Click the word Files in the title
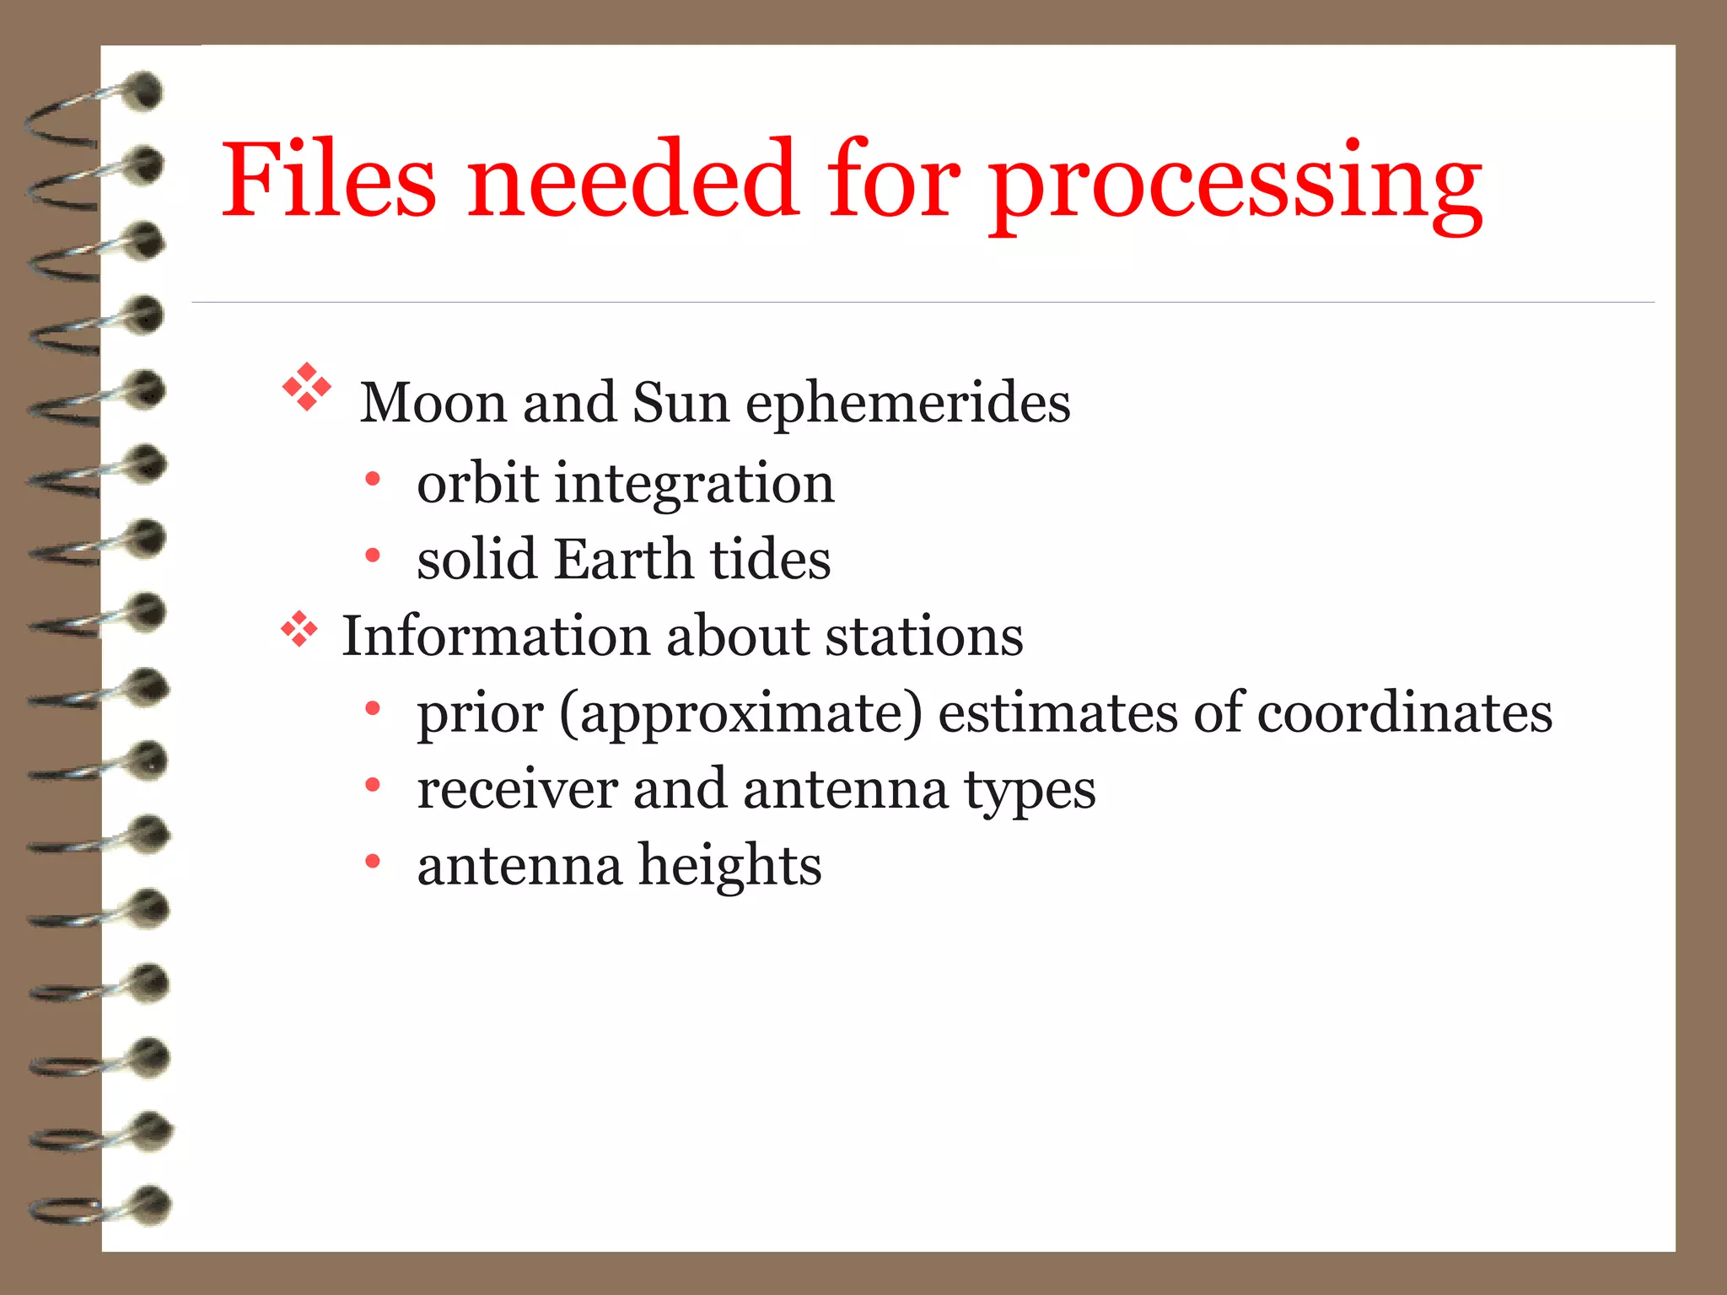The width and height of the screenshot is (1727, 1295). click(x=329, y=179)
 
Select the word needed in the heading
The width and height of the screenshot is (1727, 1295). click(x=632, y=179)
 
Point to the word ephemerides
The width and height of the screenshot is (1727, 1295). click(x=908, y=405)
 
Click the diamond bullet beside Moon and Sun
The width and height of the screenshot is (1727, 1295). click(x=307, y=387)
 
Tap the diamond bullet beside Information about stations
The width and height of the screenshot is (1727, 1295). click(x=299, y=630)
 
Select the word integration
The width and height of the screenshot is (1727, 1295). click(x=695, y=485)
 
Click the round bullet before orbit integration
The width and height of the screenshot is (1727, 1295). click(x=373, y=480)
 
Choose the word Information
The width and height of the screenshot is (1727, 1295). click(x=496, y=636)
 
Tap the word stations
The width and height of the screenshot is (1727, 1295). click(x=924, y=636)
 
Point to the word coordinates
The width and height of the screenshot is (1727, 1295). click(x=1404, y=713)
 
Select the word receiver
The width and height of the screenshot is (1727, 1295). click(x=517, y=790)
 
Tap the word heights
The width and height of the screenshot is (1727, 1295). click(x=729, y=868)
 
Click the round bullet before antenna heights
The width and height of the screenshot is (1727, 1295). click(x=373, y=862)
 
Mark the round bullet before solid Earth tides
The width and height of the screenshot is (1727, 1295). click(x=373, y=556)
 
